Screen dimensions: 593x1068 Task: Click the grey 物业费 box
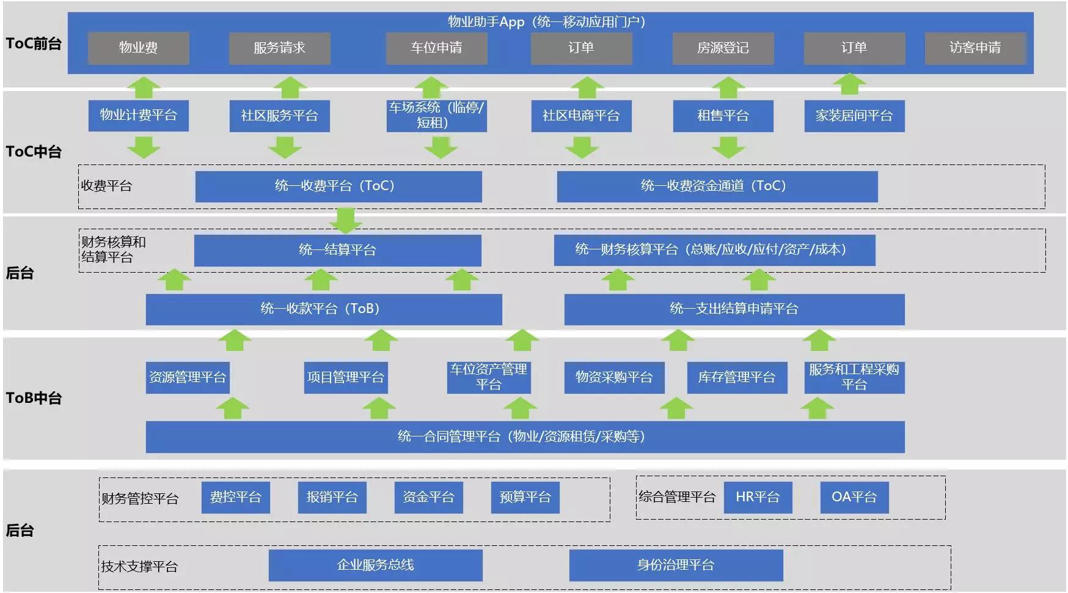click(138, 48)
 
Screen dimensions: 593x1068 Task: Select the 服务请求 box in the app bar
click(279, 48)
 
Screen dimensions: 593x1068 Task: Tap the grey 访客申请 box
click(975, 48)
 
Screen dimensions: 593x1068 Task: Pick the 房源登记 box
click(723, 48)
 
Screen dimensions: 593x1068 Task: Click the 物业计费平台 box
click(138, 116)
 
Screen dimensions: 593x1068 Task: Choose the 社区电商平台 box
click(581, 116)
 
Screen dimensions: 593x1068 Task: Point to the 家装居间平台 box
click(854, 116)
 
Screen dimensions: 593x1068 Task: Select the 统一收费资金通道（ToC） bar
click(717, 186)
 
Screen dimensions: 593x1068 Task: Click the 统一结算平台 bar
click(337, 250)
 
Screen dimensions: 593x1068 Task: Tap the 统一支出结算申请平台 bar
click(734, 309)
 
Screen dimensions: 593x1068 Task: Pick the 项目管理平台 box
click(345, 377)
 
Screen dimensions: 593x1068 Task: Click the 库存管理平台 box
click(736, 377)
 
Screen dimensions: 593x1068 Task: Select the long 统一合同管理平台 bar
click(525, 436)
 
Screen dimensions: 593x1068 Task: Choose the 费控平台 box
click(235, 497)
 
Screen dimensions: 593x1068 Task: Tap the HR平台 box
click(758, 497)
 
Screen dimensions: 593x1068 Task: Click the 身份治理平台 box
click(676, 565)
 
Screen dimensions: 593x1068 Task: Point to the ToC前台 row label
click(34, 43)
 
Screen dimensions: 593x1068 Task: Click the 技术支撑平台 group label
click(139, 567)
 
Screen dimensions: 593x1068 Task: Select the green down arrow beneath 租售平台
click(728, 147)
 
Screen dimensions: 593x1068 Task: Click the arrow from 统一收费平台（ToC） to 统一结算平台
click(346, 220)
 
